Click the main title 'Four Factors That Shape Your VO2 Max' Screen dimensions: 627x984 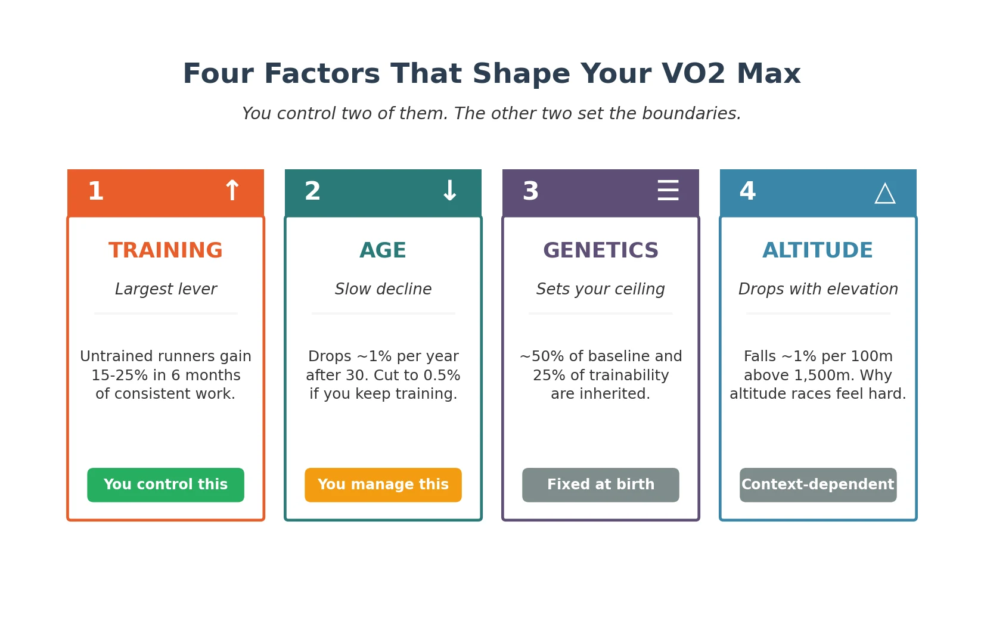tap(492, 74)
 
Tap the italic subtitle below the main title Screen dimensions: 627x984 tap(492, 113)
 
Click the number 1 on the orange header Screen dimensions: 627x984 tap(95, 191)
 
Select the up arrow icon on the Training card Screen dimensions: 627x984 tap(232, 191)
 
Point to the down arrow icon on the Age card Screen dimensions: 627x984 tap(449, 191)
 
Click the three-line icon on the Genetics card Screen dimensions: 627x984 tap(668, 191)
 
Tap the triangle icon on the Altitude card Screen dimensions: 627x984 tap(885, 193)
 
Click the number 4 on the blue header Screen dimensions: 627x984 tap(747, 191)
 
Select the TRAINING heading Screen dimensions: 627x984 tap(166, 250)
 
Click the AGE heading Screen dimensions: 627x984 tap(383, 250)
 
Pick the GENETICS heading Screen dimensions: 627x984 tap(601, 250)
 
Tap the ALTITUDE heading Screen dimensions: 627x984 tap(818, 250)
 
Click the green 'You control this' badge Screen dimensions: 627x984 tap(166, 485)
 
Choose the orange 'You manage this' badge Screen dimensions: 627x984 tap(383, 485)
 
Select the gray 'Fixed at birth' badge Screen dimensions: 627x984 tap(601, 485)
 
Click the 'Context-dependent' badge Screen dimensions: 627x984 tap(818, 485)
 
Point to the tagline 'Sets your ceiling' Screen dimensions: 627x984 tap(601, 289)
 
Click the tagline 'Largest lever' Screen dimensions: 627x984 tap(166, 289)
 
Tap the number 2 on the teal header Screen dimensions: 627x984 tap(312, 191)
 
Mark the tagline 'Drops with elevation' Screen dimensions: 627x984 tap(818, 289)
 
